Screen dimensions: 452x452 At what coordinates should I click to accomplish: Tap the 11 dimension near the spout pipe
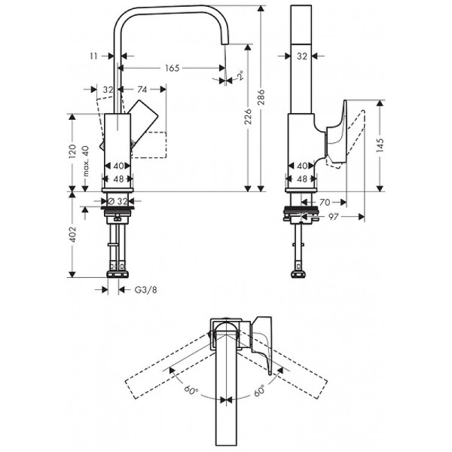click(93, 56)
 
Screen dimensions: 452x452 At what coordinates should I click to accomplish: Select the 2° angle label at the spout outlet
click(239, 76)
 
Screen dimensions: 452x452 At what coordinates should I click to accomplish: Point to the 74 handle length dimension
click(142, 89)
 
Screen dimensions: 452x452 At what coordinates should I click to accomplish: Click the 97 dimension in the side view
click(333, 216)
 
